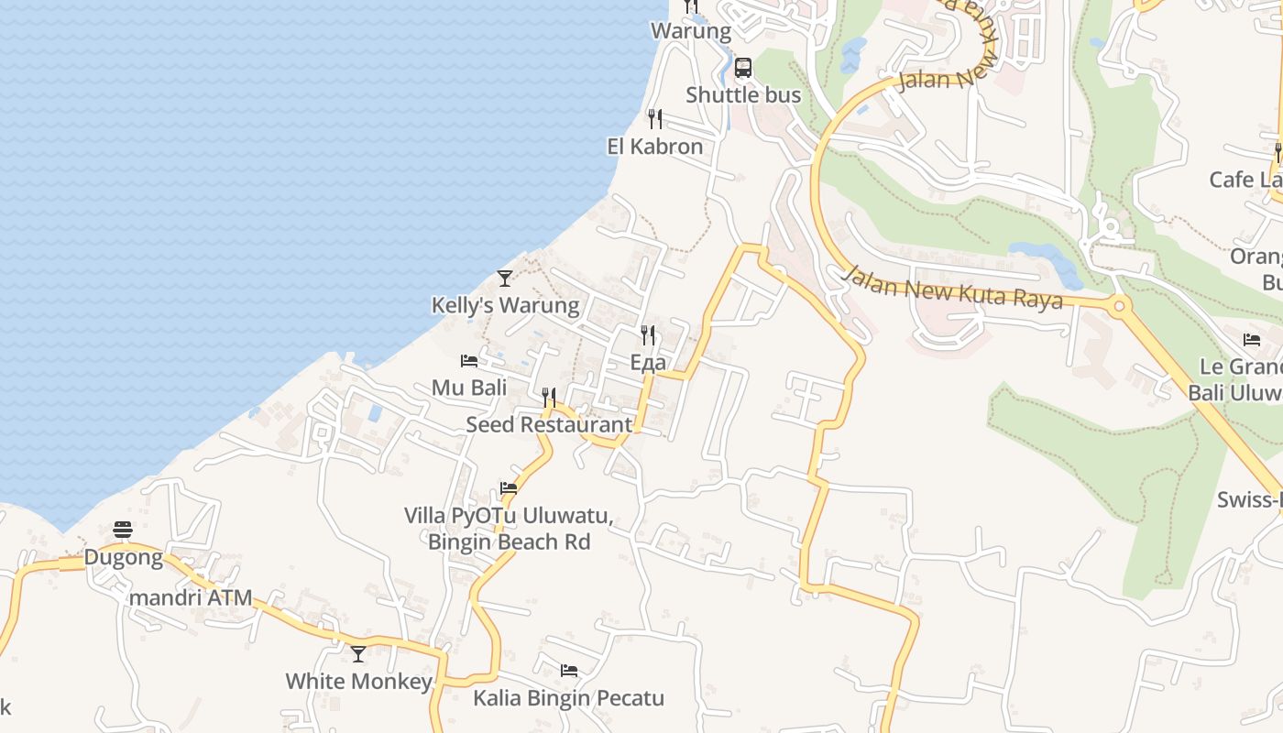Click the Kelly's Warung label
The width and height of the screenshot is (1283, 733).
505,305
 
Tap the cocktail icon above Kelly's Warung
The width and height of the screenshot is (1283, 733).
504,278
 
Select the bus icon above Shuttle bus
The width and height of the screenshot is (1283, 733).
743,68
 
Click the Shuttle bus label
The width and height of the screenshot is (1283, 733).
743,94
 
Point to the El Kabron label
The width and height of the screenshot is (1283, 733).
654,147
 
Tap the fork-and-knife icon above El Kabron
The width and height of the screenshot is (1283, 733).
654,119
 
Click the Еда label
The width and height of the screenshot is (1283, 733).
648,363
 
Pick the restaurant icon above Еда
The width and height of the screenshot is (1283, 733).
648,335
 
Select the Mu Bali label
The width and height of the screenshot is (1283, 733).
469,388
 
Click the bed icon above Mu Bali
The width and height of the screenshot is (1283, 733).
469,361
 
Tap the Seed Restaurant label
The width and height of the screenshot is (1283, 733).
549,424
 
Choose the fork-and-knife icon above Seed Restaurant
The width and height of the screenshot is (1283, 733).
549,397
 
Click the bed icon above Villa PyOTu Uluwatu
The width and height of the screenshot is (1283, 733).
509,488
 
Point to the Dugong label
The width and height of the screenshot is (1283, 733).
124,557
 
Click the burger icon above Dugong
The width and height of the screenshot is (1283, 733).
124,530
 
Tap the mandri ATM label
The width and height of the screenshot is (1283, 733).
191,598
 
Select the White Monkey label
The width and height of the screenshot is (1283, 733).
358,681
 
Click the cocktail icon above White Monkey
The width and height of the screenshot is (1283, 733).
358,654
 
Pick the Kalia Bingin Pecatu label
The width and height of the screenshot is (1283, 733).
568,698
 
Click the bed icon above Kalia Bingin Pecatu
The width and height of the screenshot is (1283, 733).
569,671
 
